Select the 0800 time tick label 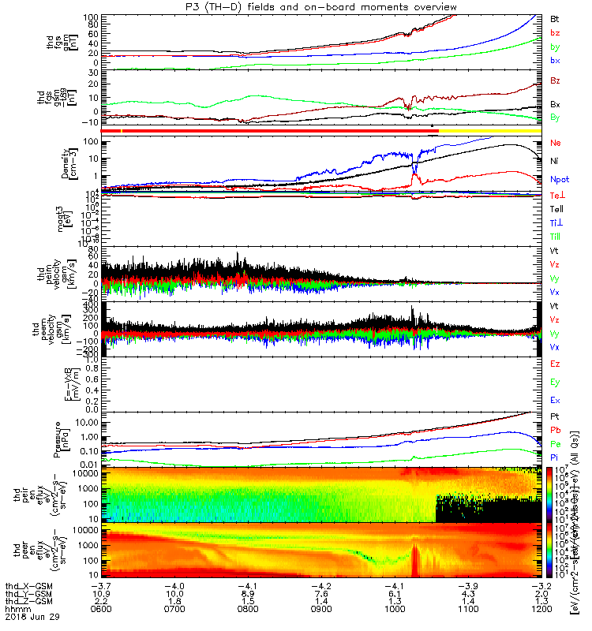[248, 610]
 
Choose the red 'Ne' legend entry [556, 143]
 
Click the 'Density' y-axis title [66, 162]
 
